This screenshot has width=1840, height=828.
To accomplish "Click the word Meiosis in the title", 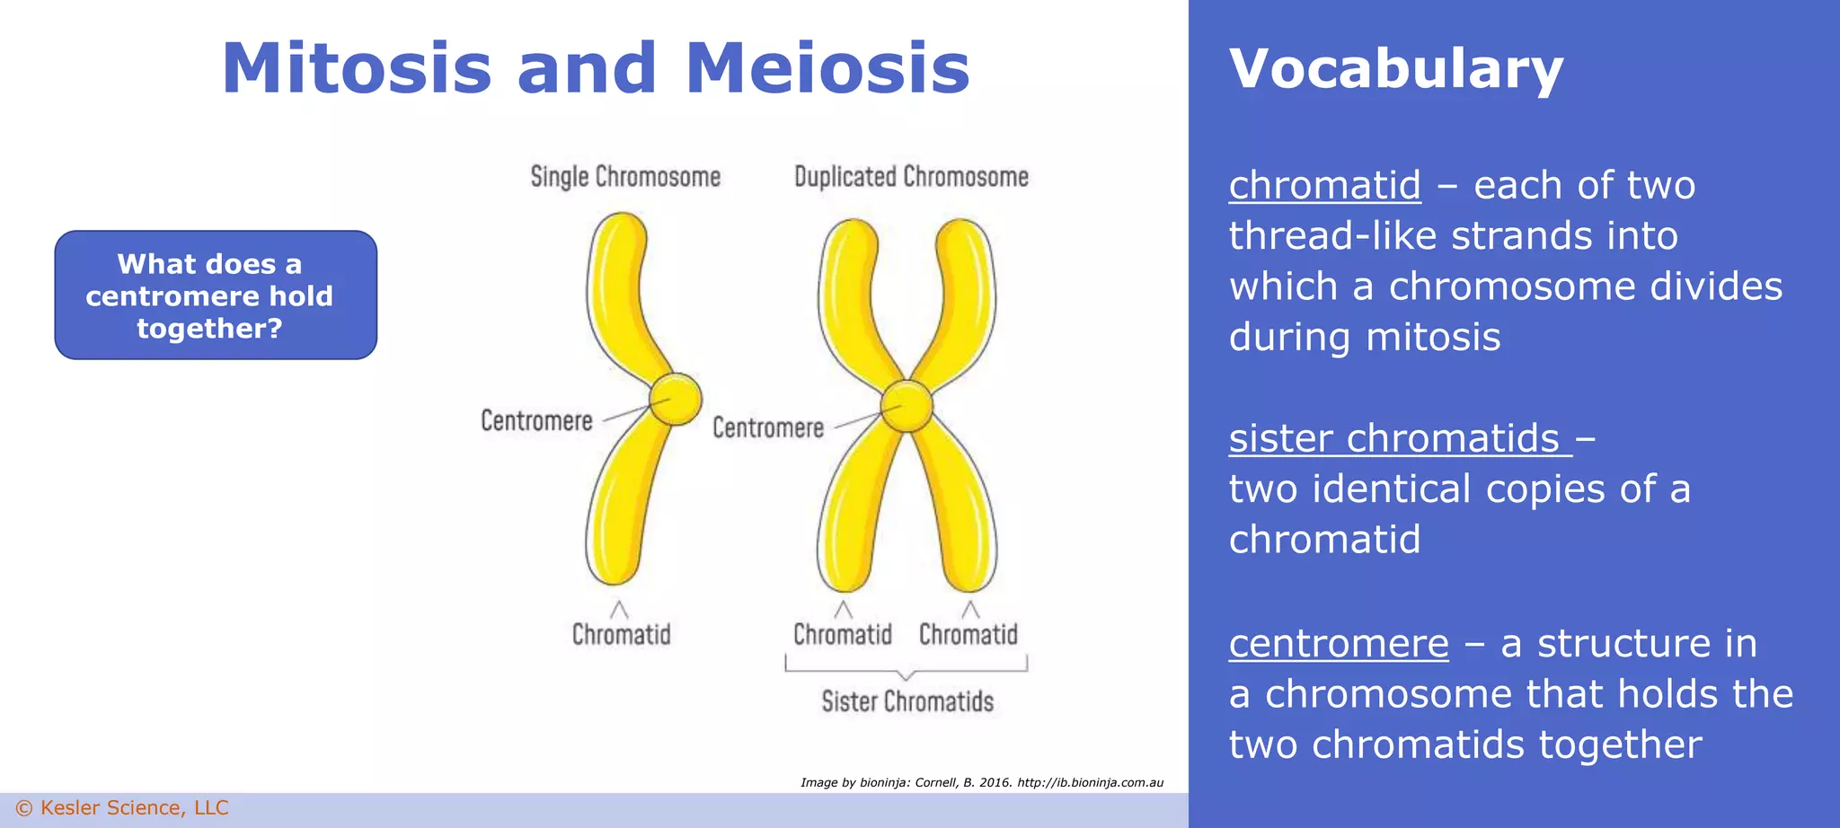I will (x=827, y=69).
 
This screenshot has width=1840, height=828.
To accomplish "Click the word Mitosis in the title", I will (x=357, y=69).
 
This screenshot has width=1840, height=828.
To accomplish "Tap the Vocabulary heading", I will (x=1395, y=69).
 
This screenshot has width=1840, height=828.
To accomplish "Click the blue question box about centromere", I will (x=216, y=295).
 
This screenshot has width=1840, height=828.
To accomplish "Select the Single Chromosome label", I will (x=625, y=177).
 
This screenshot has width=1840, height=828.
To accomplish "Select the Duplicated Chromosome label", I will (x=911, y=177).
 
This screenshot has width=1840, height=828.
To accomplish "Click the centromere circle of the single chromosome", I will (x=675, y=400).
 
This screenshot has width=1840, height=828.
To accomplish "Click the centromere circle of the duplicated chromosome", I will (x=907, y=407).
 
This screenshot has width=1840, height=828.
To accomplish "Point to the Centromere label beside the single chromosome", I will (x=536, y=420).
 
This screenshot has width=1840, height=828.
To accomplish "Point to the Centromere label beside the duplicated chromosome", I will (x=768, y=427).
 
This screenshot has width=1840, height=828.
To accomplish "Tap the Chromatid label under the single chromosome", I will (x=622, y=635).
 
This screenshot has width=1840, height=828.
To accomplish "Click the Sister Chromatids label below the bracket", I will (x=907, y=701).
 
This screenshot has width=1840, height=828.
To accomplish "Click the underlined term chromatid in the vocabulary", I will (x=1324, y=186).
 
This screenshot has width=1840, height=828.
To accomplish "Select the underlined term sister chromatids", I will (x=1394, y=439).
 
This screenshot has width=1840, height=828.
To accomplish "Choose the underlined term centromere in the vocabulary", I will (x=1339, y=644).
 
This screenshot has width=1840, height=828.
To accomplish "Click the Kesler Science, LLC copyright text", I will (x=123, y=808).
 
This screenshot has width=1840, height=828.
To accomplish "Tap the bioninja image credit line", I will (x=982, y=782).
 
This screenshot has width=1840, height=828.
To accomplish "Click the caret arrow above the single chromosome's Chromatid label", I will (x=619, y=610).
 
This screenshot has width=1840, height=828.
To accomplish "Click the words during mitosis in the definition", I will (x=1364, y=338).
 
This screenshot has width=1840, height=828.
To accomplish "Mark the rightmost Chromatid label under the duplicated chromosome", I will (x=968, y=635).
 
